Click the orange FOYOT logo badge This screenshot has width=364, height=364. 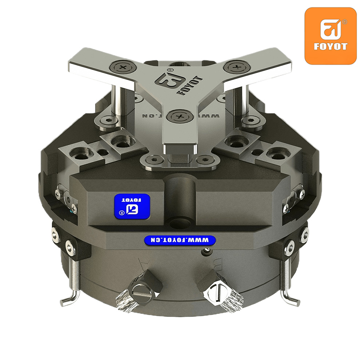(331, 36)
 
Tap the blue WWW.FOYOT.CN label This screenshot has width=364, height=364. (180, 240)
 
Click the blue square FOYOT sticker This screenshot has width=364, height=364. (132, 207)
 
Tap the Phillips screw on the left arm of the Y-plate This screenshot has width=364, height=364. (123, 68)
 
